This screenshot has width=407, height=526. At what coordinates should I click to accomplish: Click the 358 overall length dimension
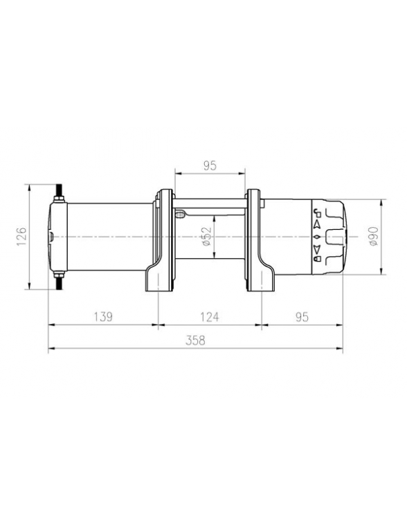(195, 341)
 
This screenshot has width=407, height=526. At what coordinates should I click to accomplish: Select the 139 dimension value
(103, 317)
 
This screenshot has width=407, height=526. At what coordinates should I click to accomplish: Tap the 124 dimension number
(209, 317)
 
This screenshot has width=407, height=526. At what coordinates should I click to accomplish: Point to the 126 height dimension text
(21, 236)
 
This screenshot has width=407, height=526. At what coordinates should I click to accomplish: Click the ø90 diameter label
(373, 236)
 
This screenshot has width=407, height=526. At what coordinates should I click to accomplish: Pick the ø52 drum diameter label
(208, 236)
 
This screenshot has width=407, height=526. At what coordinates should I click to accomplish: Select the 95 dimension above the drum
(210, 165)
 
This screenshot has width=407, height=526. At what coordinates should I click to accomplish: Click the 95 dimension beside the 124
(302, 317)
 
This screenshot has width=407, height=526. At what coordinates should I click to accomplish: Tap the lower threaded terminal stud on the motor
(60, 281)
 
